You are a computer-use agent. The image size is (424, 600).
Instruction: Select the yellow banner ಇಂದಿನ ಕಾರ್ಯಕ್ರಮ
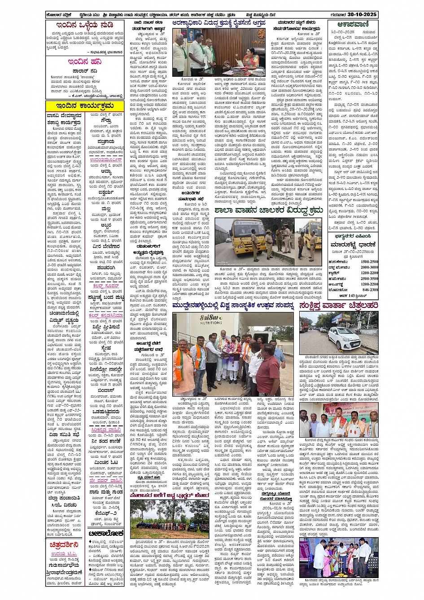[85, 106]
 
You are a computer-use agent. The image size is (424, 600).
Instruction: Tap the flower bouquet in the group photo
[223, 348]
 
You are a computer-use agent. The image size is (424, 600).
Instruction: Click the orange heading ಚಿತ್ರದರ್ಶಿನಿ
[65, 544]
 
